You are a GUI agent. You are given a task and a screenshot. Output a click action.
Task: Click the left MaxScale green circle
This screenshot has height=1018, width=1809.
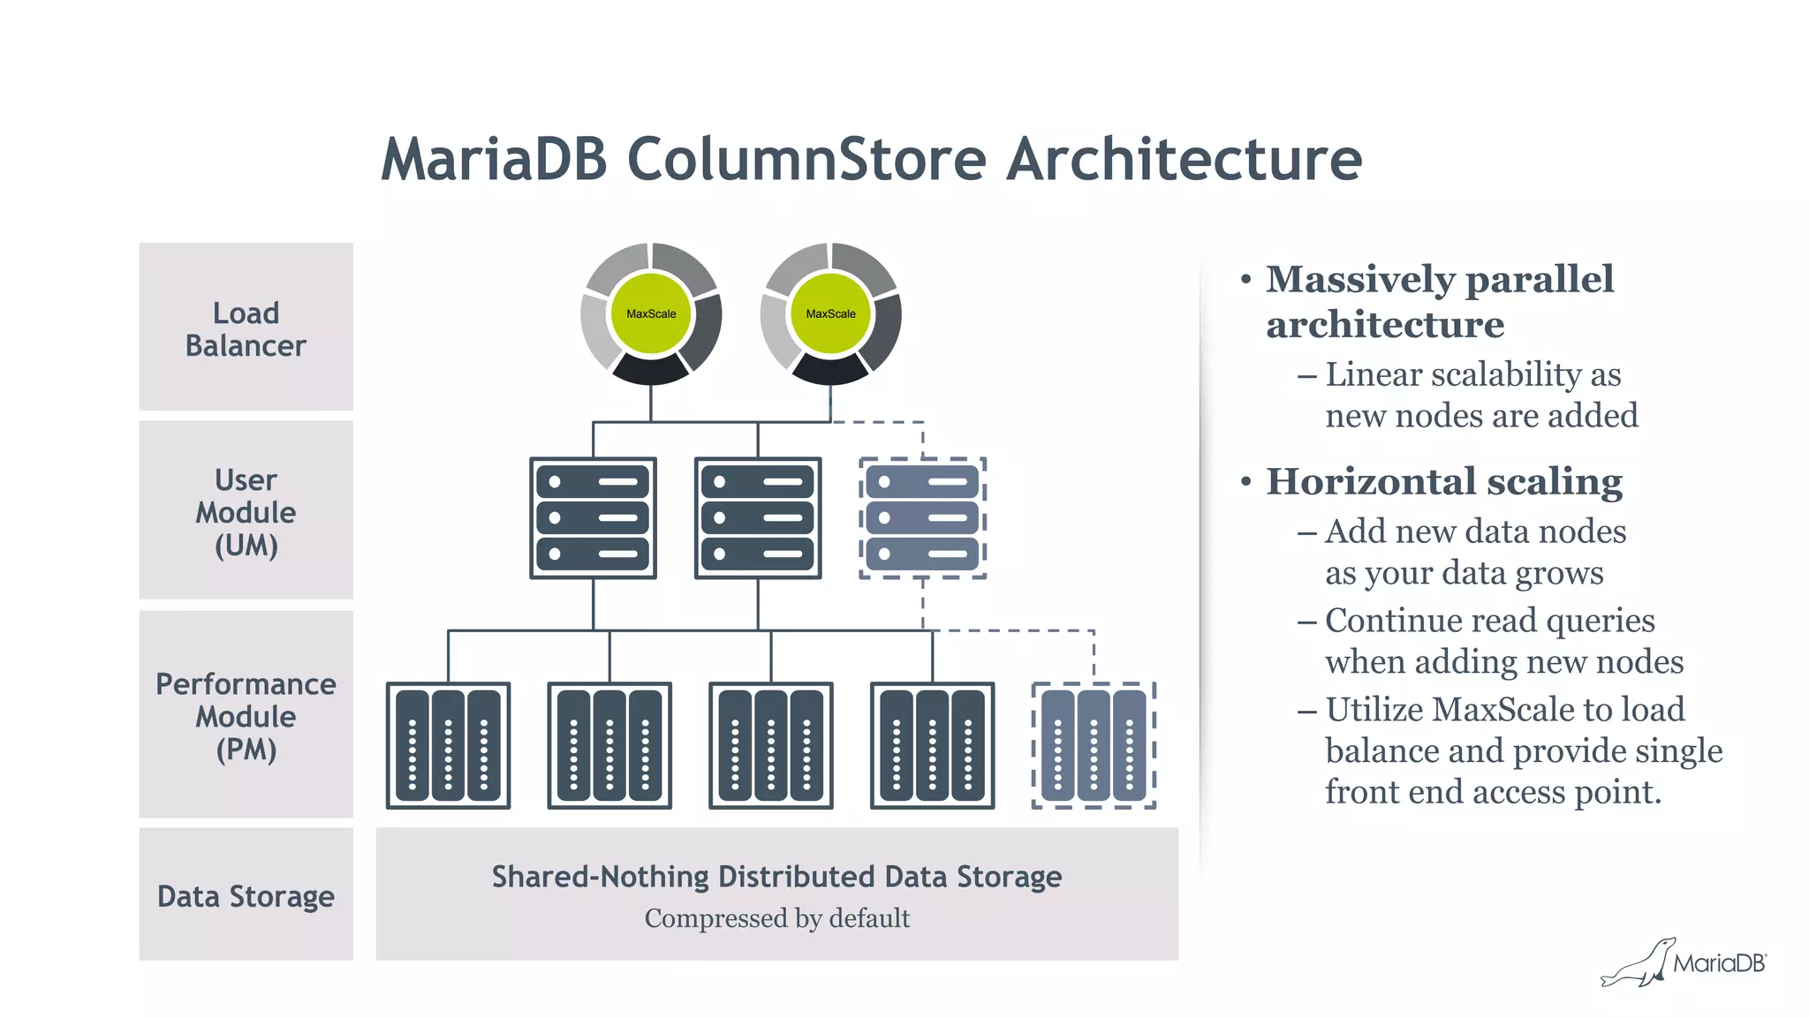pos(651,313)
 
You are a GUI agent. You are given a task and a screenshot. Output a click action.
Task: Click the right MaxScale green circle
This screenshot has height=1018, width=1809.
pos(830,313)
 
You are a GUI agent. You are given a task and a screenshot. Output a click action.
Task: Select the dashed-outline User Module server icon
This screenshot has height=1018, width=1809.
pos(922,518)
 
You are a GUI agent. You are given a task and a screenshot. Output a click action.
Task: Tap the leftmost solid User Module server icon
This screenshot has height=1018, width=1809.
pos(593,518)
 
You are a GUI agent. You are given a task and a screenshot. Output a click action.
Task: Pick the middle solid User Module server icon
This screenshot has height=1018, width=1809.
pos(758,518)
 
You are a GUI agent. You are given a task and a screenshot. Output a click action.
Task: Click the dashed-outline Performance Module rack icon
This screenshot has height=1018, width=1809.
pos(1094,746)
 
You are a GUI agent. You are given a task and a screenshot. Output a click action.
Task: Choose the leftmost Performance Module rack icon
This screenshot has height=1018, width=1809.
pos(448,746)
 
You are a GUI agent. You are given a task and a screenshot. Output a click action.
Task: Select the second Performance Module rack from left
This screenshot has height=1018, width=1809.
pos(609,746)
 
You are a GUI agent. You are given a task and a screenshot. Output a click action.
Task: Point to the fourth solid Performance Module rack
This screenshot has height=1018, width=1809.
pos(932,746)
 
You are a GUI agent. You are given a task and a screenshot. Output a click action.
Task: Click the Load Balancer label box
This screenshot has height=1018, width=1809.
pos(246,328)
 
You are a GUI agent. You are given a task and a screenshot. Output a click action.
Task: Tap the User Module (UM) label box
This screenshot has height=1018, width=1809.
pos(246,511)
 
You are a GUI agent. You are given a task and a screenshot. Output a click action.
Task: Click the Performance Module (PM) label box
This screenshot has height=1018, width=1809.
pos(246,715)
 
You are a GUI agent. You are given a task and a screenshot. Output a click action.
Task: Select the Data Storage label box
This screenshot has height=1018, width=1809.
pos(246,895)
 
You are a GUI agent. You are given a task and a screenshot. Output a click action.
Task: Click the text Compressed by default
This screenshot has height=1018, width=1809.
pos(776,918)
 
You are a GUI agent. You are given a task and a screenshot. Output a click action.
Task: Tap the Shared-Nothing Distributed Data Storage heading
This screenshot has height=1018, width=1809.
pos(776,877)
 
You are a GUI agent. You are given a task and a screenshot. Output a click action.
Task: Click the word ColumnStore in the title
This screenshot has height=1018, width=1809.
pos(806,160)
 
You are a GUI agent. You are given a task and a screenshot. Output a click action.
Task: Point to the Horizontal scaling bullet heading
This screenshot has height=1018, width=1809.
pos(1443,482)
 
